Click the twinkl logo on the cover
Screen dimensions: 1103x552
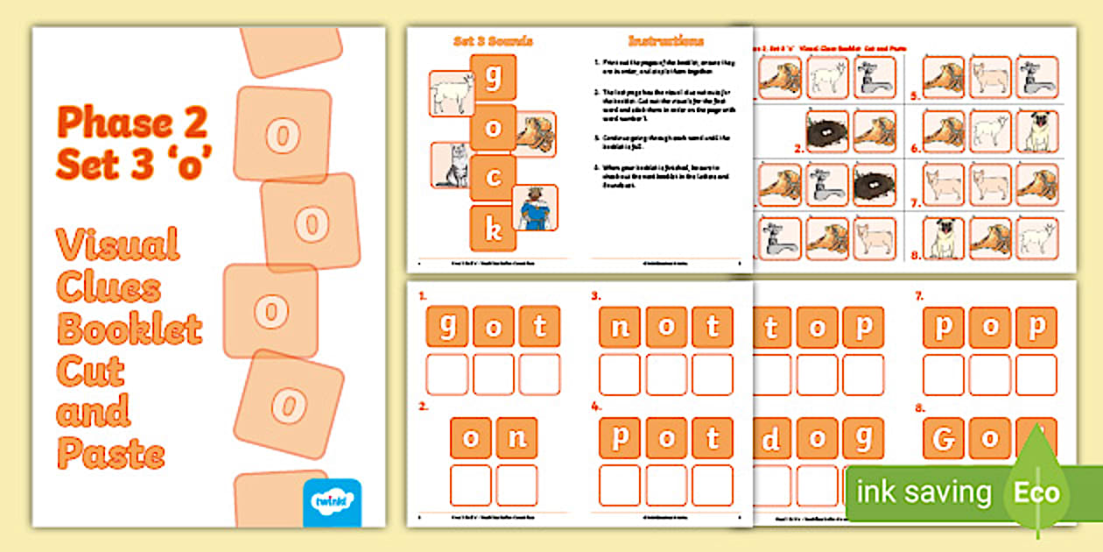(332, 501)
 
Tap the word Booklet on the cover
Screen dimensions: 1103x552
(130, 329)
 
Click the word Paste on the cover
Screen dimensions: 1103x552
(111, 454)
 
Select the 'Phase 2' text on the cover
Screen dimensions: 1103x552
(132, 123)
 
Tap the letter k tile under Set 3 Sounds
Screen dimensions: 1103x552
(493, 230)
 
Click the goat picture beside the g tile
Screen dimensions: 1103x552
(452, 94)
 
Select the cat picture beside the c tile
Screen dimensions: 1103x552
(451, 166)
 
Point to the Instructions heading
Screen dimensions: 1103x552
(666, 41)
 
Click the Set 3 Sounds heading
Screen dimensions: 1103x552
(493, 41)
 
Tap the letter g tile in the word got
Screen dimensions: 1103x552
(447, 327)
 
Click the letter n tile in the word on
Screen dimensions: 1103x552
(516, 437)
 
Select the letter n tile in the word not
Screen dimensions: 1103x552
(620, 327)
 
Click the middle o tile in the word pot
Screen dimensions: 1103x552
(667, 437)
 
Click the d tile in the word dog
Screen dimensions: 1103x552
(771, 437)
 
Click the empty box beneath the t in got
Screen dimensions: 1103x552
(539, 374)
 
